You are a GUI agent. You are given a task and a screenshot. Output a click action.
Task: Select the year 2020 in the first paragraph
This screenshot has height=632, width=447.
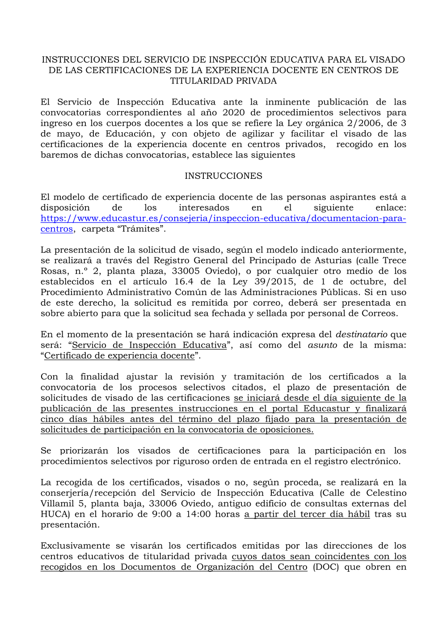coord(233,113)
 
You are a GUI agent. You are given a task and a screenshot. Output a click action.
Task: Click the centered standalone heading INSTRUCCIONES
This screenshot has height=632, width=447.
coord(223,176)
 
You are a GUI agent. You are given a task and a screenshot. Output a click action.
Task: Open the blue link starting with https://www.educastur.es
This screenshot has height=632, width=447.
coord(223,219)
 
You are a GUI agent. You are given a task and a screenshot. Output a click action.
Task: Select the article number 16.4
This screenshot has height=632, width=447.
coord(183,282)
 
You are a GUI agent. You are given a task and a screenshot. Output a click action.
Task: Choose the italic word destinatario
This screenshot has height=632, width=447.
coord(361,335)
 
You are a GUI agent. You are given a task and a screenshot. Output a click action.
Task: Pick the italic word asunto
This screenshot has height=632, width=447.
coord(322,345)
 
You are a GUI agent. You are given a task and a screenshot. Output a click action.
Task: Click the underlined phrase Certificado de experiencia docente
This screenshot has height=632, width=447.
coord(119,356)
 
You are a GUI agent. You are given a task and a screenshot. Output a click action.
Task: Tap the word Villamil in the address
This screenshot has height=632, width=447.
coord(57,504)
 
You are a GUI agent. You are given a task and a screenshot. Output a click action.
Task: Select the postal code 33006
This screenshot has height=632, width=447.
coord(163,504)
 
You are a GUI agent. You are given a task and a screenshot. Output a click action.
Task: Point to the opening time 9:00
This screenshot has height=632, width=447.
coord(161,514)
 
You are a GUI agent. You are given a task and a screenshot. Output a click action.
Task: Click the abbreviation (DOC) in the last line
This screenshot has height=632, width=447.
coord(326,567)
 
